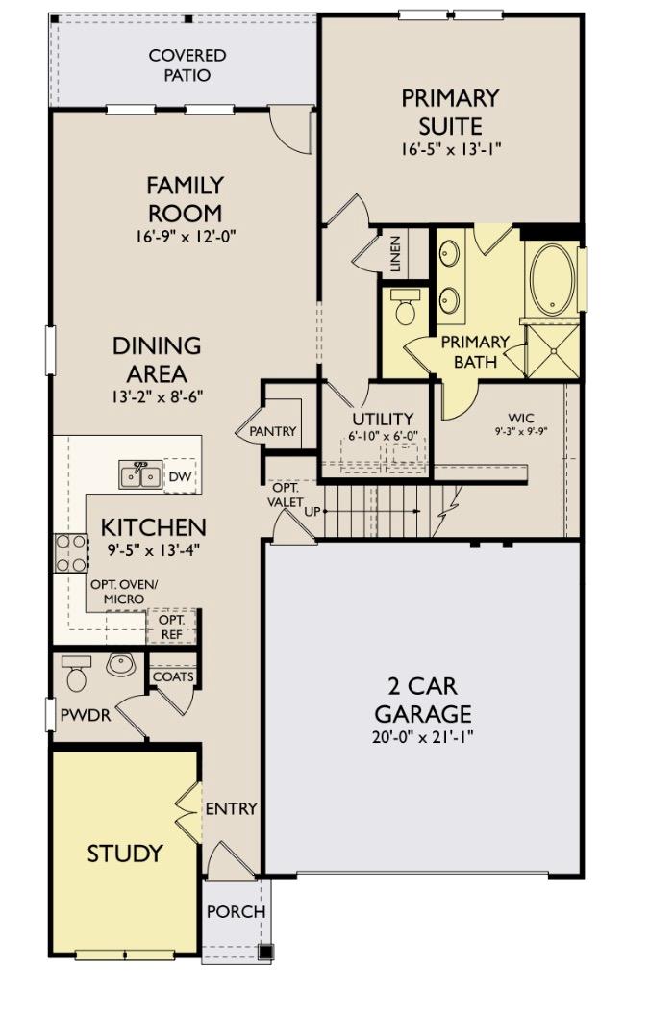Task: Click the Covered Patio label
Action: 187,65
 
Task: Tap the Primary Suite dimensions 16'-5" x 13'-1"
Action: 451,149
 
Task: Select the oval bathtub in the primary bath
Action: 551,280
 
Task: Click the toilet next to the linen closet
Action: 405,308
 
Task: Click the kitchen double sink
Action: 140,475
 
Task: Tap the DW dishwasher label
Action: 180,476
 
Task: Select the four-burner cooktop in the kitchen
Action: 70,553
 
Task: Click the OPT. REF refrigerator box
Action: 171,625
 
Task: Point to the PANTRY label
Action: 273,432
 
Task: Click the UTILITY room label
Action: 382,420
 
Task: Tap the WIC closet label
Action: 521,418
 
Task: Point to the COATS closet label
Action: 173,676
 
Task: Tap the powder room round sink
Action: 120,665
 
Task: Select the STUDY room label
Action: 125,854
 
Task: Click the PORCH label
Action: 236,911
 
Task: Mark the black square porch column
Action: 265,952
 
